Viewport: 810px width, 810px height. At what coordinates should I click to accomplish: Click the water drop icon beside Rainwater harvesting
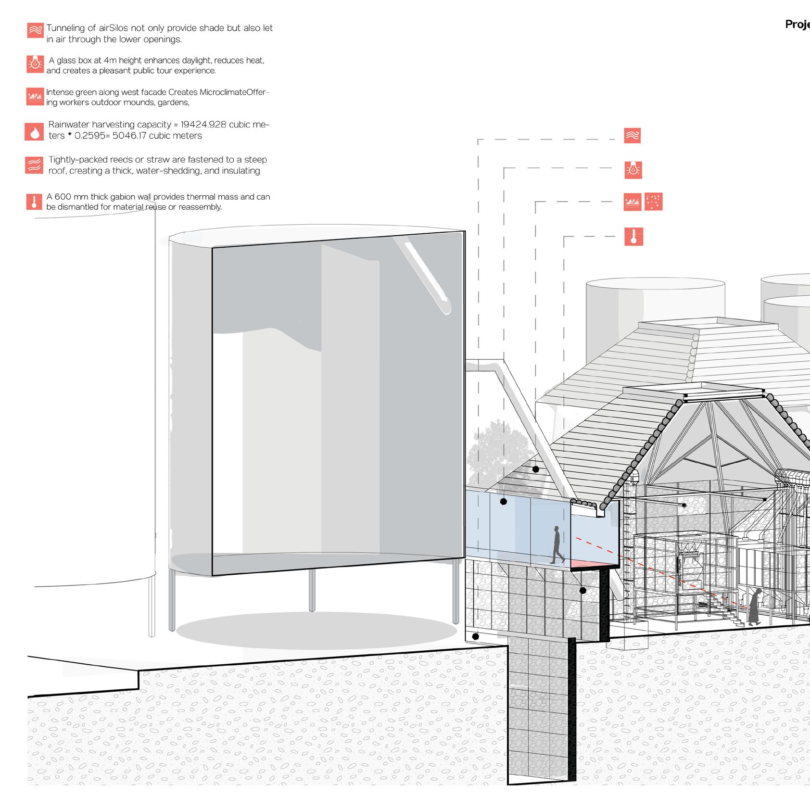click(x=34, y=131)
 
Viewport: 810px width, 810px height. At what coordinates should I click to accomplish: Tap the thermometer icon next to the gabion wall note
click(x=34, y=202)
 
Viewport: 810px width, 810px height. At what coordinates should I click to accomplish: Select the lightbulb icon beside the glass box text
click(x=35, y=64)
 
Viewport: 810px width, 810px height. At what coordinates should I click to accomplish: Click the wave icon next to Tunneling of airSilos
click(x=35, y=30)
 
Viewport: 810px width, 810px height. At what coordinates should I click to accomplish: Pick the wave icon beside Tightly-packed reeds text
click(x=34, y=165)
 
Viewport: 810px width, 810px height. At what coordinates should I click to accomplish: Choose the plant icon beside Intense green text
click(x=35, y=97)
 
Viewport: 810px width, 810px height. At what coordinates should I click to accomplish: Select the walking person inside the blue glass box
click(x=557, y=544)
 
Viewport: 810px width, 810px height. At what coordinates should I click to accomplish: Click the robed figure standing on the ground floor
click(x=755, y=607)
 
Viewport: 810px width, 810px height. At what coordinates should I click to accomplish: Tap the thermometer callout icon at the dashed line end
click(x=633, y=237)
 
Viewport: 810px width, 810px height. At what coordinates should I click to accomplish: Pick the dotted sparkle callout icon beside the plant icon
click(x=653, y=202)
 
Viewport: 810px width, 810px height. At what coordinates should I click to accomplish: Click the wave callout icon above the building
click(x=633, y=136)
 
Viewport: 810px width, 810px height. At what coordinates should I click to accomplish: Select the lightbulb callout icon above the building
click(x=633, y=170)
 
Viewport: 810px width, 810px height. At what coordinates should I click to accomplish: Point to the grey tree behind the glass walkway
click(x=495, y=457)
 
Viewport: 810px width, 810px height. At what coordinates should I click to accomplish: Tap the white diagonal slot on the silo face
click(x=427, y=277)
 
